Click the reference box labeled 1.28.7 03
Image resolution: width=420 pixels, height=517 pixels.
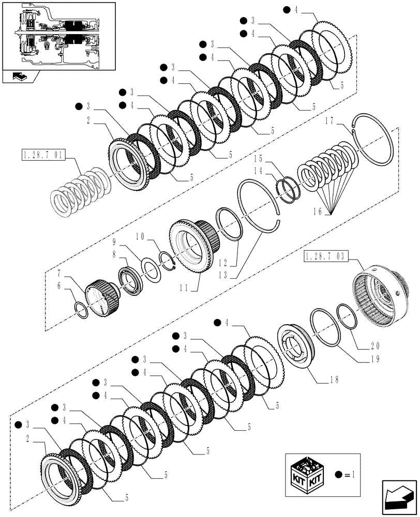327,256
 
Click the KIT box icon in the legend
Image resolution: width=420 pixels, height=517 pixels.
309,473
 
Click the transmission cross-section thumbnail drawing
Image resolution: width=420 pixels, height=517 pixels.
58,35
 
